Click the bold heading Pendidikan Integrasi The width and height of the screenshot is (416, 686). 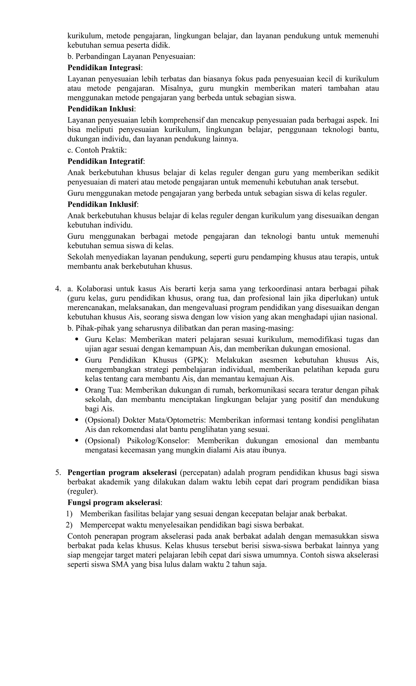coord(104,68)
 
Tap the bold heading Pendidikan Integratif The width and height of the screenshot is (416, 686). coord(105,161)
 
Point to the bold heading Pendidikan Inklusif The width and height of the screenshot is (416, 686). coord(102,204)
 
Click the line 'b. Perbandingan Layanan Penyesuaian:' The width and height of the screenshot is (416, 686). coord(131,57)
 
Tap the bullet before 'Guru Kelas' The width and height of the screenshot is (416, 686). coord(77,340)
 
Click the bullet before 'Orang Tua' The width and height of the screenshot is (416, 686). coord(77,390)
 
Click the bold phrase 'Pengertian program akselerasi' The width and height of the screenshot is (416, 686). coord(122,472)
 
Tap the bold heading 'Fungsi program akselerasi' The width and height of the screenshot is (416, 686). coord(114,503)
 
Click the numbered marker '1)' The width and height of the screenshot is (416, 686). coord(69,514)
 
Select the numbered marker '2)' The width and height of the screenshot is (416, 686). coord(69,525)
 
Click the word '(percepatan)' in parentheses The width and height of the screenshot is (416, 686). coord(200,472)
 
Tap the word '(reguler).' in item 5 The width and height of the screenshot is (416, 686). coord(83,491)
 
